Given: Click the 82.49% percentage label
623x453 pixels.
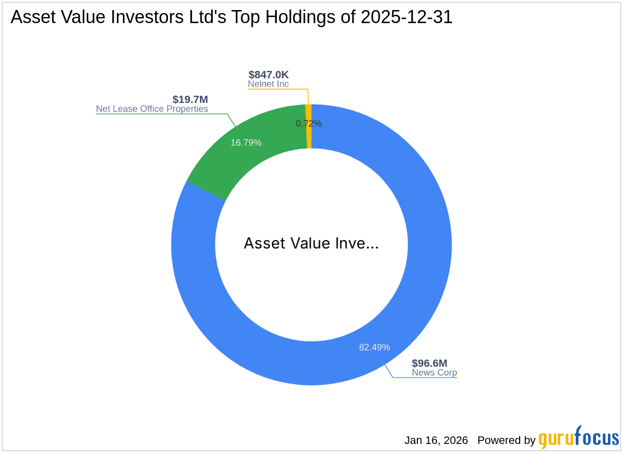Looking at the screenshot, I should click(x=374, y=347).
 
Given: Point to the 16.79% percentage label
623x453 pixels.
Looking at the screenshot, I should click(x=246, y=143).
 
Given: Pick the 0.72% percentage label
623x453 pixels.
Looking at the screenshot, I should click(x=308, y=124).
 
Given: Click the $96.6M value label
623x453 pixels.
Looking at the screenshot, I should click(x=429, y=363).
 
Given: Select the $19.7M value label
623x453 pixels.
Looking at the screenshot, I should click(x=190, y=99).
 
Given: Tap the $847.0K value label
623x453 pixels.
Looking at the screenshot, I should click(x=268, y=75).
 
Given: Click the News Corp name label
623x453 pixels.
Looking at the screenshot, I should click(x=434, y=373).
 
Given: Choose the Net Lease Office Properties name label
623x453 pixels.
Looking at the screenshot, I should click(x=152, y=108).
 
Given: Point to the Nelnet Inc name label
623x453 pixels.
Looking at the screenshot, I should click(x=268, y=84).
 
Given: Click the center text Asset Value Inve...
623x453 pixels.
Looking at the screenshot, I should click(x=311, y=244).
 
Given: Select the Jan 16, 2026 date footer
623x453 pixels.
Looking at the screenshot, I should click(x=436, y=440).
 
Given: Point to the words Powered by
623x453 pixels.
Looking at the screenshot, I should click(x=506, y=440).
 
